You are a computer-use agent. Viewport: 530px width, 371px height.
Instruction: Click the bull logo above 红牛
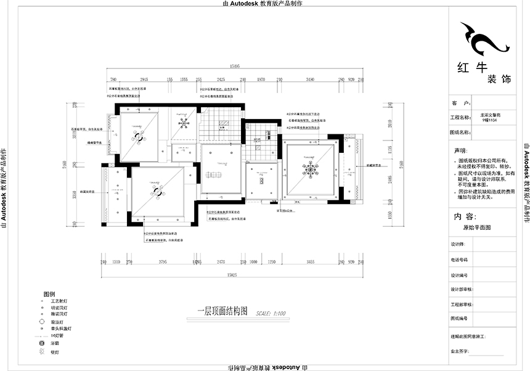482,40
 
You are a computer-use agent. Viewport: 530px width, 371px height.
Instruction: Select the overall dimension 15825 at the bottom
232,273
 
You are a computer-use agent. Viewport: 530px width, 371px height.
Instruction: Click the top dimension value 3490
310,79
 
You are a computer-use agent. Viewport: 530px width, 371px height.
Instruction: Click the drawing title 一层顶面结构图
222,311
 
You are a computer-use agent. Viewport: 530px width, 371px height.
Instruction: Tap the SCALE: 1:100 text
271,313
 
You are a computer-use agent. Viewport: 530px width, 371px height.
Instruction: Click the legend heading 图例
49,295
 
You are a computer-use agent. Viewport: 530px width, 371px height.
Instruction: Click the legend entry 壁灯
55,352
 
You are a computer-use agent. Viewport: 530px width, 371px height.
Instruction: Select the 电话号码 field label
460,259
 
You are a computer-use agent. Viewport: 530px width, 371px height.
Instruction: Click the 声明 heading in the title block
461,150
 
